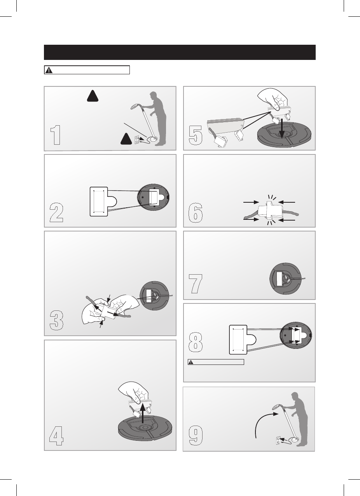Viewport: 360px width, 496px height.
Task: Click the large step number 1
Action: click(x=55, y=135)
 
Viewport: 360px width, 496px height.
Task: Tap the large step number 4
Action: click(x=56, y=436)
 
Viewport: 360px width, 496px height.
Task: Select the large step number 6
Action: click(x=196, y=212)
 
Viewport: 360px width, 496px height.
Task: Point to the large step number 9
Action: click(x=196, y=436)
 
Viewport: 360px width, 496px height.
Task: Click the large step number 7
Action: click(x=196, y=284)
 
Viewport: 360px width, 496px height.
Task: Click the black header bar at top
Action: click(x=180, y=52)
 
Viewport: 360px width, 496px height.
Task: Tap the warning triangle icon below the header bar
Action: click(x=49, y=70)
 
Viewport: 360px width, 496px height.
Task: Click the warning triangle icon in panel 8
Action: click(x=191, y=362)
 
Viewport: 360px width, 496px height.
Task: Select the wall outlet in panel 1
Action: click(x=137, y=140)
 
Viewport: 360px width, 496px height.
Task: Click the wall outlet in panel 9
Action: click(x=278, y=440)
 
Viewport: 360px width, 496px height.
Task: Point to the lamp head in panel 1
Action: click(x=134, y=107)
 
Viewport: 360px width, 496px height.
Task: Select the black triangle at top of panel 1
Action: click(x=93, y=96)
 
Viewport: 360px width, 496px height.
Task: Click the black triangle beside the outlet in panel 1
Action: click(x=126, y=139)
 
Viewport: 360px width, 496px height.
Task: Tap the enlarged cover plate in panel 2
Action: click(x=103, y=202)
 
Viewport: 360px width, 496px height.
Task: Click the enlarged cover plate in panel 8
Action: click(x=243, y=340)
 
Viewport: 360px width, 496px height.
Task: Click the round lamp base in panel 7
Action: click(x=285, y=279)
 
